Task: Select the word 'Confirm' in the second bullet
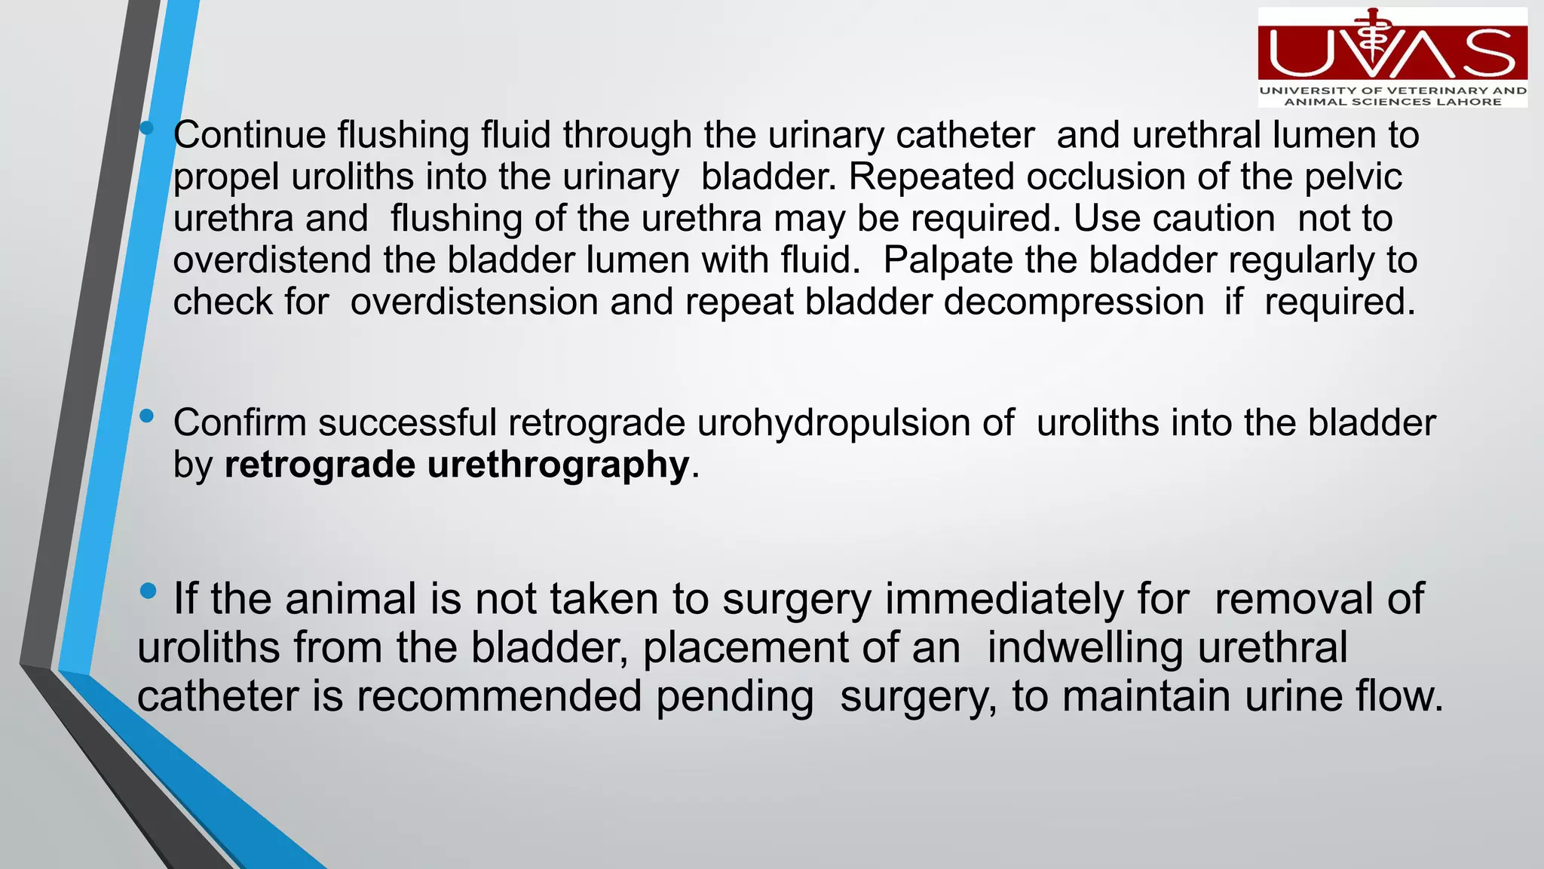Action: [x=239, y=422]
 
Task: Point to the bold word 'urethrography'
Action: [x=558, y=464]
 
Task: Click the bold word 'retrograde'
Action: [x=320, y=464]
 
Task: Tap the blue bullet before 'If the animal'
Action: [x=149, y=591]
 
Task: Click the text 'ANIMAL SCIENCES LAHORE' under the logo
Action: [x=1392, y=102]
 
